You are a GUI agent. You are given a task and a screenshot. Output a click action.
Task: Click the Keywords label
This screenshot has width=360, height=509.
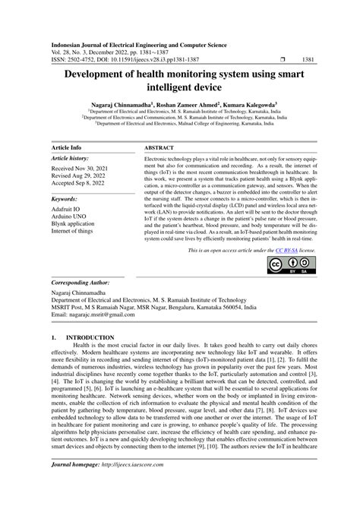tap(66, 199)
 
